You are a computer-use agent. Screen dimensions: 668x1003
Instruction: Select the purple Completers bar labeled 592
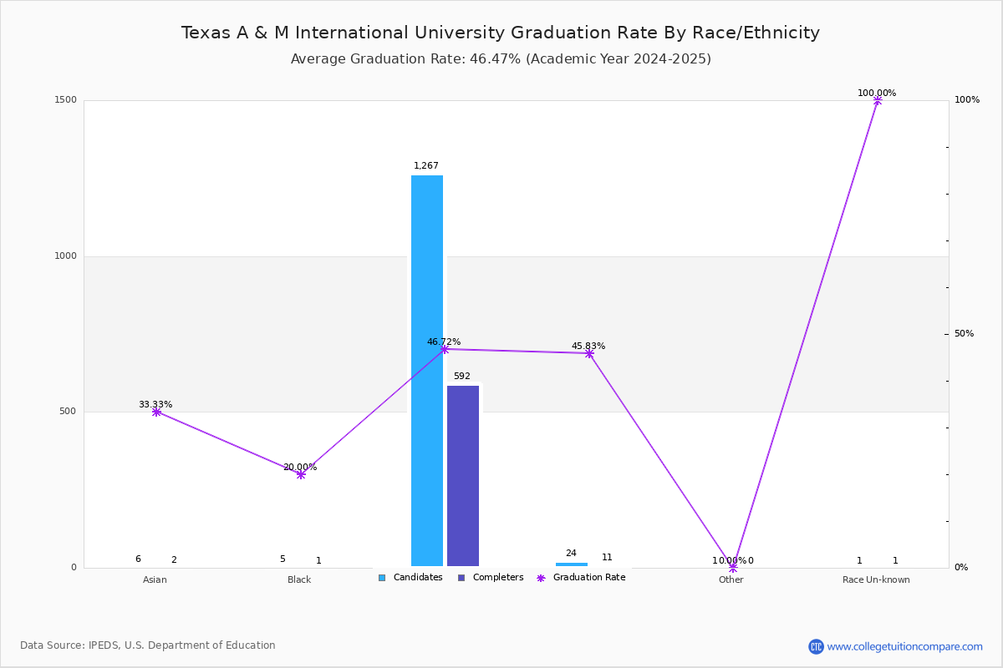click(x=463, y=476)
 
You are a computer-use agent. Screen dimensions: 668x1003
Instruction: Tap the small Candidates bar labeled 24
click(x=572, y=564)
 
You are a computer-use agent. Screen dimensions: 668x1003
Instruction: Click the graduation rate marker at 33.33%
click(x=156, y=412)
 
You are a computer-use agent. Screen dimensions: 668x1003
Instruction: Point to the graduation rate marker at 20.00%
click(x=301, y=474)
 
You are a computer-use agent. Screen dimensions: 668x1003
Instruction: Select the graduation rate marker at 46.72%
click(x=445, y=349)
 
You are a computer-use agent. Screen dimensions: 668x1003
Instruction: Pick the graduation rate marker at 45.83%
click(x=589, y=353)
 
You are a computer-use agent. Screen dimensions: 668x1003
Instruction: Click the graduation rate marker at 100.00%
click(x=878, y=100)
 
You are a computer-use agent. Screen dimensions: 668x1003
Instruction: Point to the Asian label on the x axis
click(x=155, y=579)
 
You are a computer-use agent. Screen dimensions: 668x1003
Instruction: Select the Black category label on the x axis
click(x=299, y=579)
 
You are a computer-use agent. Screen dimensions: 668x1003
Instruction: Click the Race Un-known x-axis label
click(x=876, y=579)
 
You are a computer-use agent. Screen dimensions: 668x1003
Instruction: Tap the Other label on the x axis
click(x=731, y=579)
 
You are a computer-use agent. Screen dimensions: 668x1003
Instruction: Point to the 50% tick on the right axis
click(x=964, y=334)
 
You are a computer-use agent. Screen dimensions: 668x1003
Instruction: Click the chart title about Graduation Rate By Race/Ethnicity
click(x=501, y=33)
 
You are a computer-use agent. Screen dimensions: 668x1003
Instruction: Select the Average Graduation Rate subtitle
click(x=501, y=59)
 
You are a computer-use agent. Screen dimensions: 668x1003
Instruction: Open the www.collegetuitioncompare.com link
click(x=904, y=646)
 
